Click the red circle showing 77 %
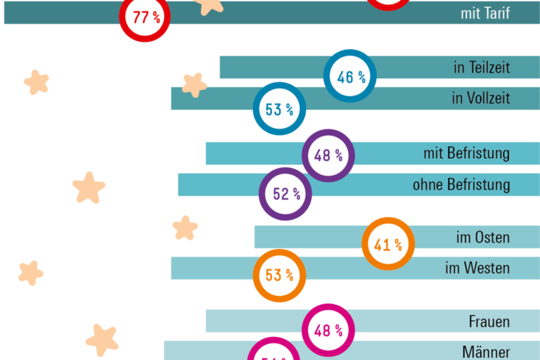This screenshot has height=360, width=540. coord(146,17)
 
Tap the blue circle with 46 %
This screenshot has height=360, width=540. coord(350,77)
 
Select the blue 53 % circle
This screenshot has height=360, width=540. coord(279,108)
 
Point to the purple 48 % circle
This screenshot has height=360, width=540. coord(328,155)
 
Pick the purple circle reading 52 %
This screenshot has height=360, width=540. coord(285,193)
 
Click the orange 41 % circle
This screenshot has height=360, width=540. coord(387,244)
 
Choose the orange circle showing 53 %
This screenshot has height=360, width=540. coord(279,275)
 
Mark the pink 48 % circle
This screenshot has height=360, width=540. coord(328,329)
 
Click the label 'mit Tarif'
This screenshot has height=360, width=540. coord(485,13)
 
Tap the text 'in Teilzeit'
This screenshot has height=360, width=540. coord(482,67)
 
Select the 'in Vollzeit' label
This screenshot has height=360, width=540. coord(481,98)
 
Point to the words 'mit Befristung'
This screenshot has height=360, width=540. coord(467,153)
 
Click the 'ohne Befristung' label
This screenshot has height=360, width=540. coord(461,185)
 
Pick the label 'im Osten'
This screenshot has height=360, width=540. coord(483,237)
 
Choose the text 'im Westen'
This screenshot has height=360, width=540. coord(477,268)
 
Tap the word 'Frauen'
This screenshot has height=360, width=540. coord(489,322)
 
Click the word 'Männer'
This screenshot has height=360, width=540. coord(486,352)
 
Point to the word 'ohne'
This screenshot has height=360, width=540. coord(427,185)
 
